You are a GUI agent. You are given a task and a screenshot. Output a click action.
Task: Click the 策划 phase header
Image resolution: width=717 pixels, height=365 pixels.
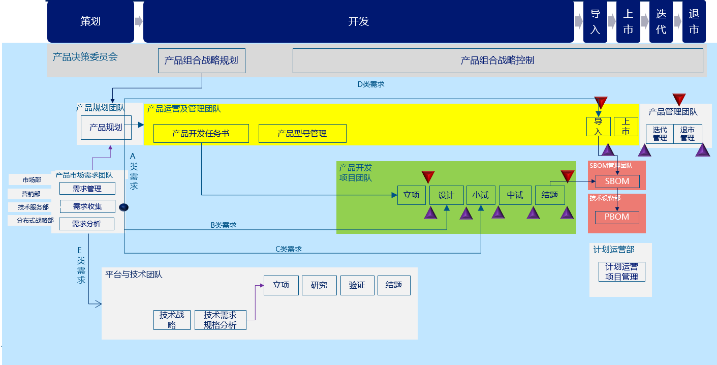[x=90, y=21]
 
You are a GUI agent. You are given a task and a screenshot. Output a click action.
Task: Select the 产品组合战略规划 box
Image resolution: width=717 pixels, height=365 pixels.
[x=201, y=60]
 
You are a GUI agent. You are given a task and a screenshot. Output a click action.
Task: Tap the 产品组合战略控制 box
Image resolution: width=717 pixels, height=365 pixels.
[x=497, y=60]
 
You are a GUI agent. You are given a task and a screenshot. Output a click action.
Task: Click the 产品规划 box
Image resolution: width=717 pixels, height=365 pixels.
[x=106, y=128]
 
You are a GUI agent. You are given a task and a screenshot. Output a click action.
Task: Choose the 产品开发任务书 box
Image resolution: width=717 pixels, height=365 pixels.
[x=201, y=134]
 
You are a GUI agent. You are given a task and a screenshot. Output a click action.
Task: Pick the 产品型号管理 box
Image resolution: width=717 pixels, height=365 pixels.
[x=302, y=134]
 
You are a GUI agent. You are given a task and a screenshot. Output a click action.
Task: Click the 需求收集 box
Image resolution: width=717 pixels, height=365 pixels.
[x=87, y=206]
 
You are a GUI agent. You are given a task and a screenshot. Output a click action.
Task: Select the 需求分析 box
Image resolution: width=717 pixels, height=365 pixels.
[x=86, y=224]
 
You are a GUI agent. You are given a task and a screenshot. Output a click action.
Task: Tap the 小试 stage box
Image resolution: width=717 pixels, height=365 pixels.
[x=480, y=195]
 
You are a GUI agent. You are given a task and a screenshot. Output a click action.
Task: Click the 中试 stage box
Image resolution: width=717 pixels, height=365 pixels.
[x=515, y=195]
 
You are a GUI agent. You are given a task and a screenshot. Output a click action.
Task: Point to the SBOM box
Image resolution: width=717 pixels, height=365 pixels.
[x=617, y=181]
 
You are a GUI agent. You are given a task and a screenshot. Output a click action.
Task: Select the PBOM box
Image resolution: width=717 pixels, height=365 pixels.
[x=617, y=217]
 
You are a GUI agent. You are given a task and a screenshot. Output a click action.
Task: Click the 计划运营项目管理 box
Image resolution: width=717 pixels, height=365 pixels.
[x=621, y=271]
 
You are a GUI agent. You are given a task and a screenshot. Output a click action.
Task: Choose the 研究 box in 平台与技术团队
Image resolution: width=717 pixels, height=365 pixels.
[x=319, y=285]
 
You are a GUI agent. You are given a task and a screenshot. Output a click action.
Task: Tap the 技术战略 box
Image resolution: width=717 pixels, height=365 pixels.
[x=172, y=320]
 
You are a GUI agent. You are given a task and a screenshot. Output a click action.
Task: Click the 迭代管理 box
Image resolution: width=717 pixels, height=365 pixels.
[x=660, y=134]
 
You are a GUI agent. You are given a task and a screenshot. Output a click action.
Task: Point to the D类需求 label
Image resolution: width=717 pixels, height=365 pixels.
[x=371, y=84]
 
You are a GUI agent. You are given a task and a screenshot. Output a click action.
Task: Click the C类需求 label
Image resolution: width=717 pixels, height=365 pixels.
[x=289, y=249]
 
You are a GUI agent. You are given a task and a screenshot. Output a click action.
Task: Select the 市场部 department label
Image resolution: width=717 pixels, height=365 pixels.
[x=32, y=180]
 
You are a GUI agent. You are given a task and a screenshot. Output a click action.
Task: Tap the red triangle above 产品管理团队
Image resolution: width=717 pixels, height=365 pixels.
[x=679, y=99]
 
